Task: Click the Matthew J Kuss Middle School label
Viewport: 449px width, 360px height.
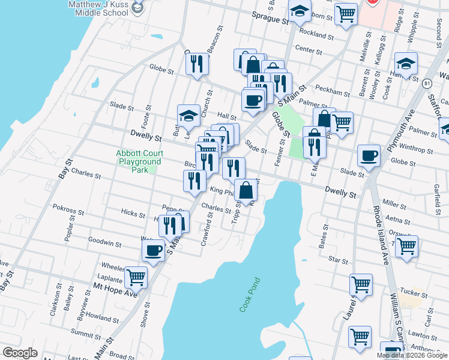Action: coord(100,8)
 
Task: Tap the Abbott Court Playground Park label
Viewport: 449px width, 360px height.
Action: coord(140,161)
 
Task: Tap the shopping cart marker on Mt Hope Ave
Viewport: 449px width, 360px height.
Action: coord(136,277)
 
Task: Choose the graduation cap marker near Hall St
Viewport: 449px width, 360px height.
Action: coord(188,116)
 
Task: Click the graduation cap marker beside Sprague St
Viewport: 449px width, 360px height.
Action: coord(300,11)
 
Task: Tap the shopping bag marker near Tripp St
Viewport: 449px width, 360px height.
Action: coord(246,191)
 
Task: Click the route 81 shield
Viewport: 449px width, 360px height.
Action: coord(427,83)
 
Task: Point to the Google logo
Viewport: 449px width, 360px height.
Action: coord(20,353)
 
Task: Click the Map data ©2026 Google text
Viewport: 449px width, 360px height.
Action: coord(412,355)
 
